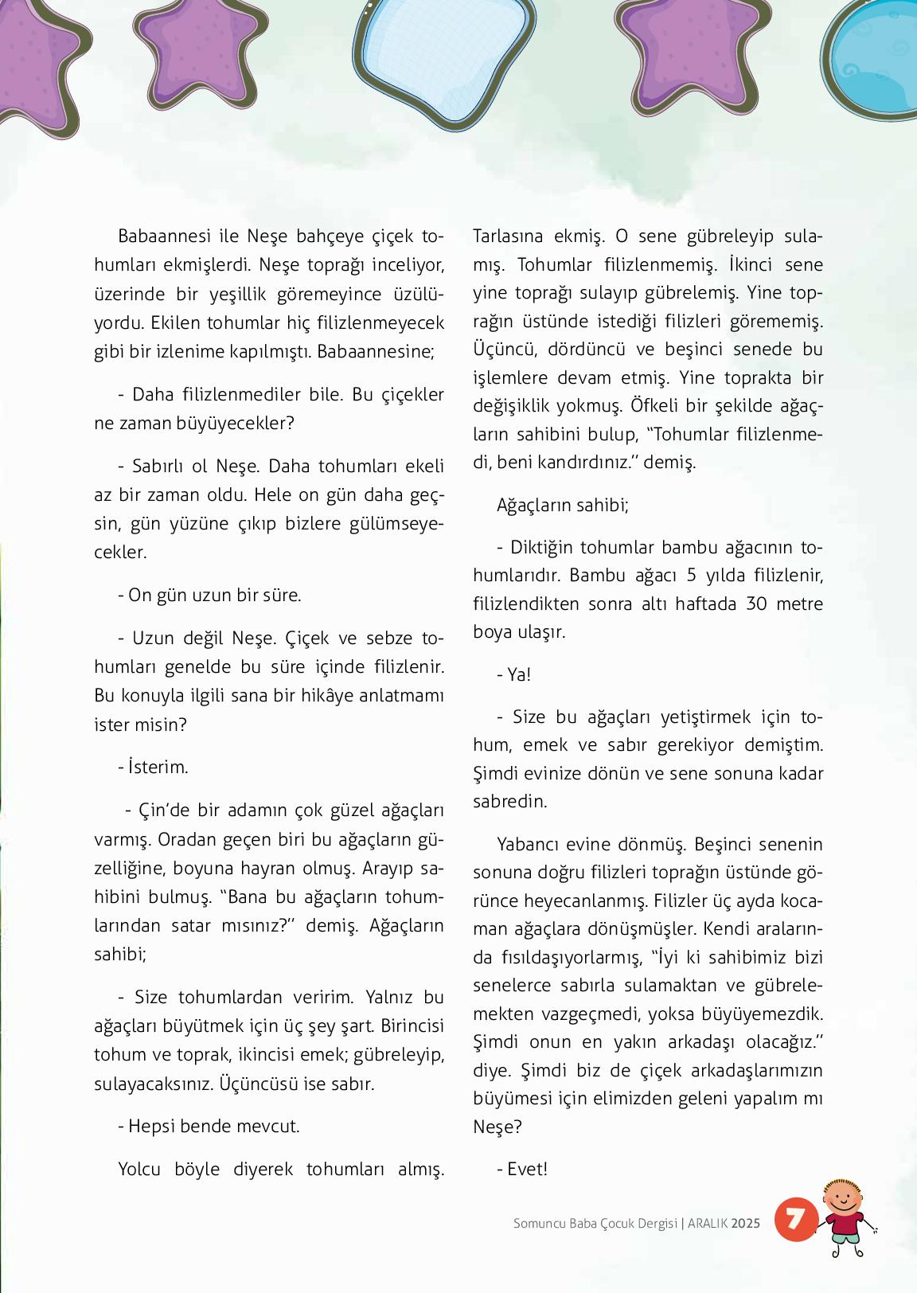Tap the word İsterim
tap(158, 768)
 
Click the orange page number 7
tap(794, 1218)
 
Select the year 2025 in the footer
tap(746, 1223)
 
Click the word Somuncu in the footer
tap(539, 1223)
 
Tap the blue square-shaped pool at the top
tap(443, 56)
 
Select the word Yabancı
tap(529, 845)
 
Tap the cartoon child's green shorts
tap(844, 1240)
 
